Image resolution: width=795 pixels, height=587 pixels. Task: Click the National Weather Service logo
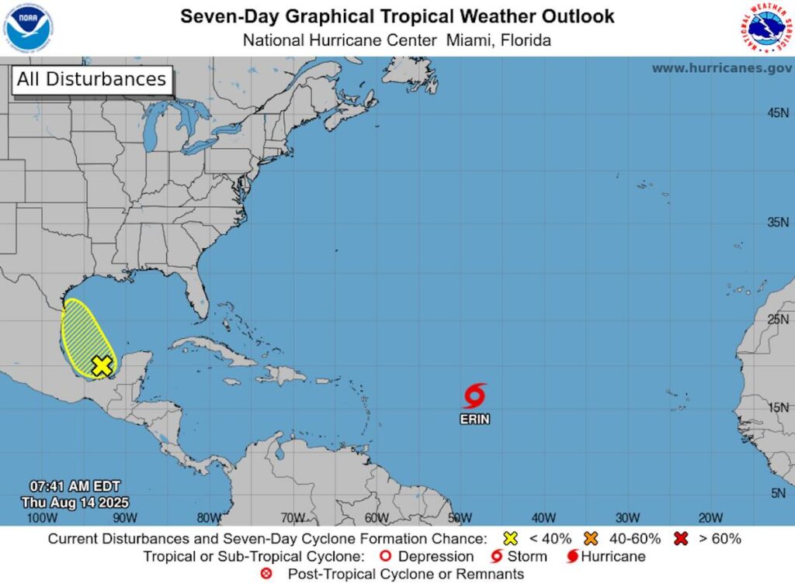click(765, 28)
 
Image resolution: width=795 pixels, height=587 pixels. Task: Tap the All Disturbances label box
click(91, 79)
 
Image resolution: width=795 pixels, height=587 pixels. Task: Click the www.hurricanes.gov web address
click(721, 68)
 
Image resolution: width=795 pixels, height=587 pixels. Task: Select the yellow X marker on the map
click(102, 365)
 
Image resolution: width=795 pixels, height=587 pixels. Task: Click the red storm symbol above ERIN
click(474, 395)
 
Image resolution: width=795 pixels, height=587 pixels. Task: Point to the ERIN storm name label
click(474, 420)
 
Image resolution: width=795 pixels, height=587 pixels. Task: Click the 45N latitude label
click(777, 113)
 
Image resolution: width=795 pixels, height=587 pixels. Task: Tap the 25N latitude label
click(777, 319)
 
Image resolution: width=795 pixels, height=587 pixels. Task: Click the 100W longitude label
click(41, 517)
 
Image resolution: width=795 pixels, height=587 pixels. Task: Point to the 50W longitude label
click(460, 517)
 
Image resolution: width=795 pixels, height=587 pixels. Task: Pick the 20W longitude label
click(710, 517)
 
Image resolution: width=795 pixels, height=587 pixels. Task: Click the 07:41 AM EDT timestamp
click(71, 486)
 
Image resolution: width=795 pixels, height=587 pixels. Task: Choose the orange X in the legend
click(591, 538)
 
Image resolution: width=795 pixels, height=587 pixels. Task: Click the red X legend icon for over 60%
click(682, 538)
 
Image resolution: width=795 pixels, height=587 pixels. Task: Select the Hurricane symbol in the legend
click(573, 557)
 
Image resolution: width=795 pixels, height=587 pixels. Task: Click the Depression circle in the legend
click(384, 557)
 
